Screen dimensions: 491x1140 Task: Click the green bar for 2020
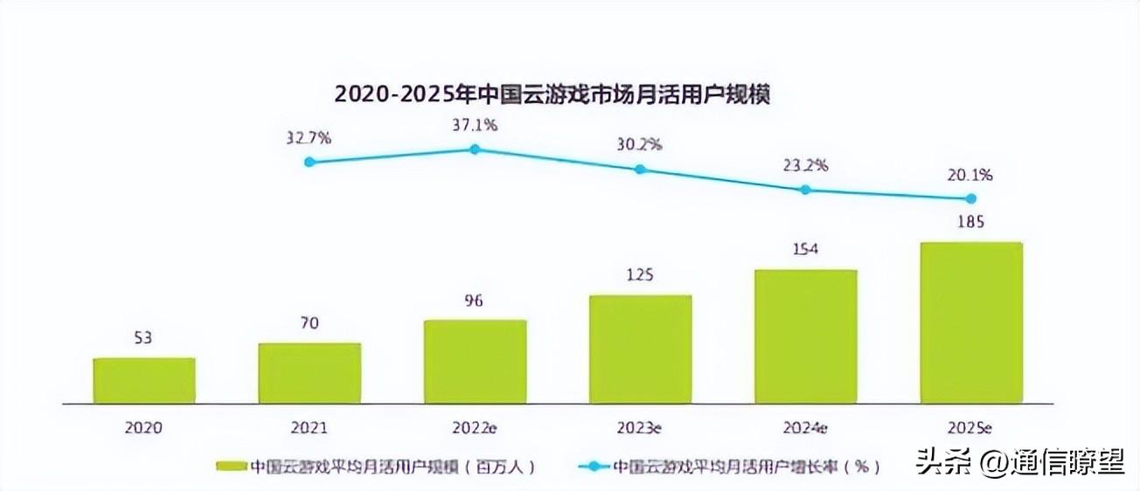point(144,381)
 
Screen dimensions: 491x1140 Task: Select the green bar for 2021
point(309,373)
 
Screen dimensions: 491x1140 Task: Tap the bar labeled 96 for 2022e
point(475,362)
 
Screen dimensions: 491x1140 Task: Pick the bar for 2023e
point(640,349)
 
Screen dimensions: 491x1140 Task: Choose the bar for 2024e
point(806,336)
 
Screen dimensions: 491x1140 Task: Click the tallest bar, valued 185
point(971,323)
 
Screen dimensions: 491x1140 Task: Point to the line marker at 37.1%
point(475,149)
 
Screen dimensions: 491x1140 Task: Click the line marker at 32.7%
point(309,162)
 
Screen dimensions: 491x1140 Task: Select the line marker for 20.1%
point(971,198)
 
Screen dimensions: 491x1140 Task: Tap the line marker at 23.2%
point(806,189)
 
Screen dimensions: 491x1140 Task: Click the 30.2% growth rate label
point(640,144)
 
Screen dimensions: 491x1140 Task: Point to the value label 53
point(144,338)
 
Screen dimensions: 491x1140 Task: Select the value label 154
point(806,250)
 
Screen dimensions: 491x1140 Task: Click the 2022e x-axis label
point(475,428)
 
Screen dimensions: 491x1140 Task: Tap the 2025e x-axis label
point(971,428)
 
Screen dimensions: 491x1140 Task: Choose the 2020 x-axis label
point(144,428)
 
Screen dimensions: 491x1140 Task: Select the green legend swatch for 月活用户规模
point(231,467)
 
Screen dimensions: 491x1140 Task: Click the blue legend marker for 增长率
point(594,467)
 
